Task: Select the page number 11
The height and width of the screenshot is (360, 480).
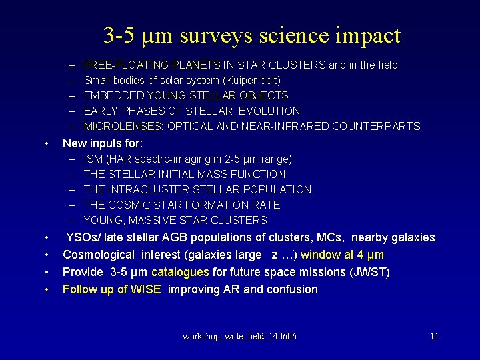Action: click(x=434, y=336)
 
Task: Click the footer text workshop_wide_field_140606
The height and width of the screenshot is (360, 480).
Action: click(x=239, y=336)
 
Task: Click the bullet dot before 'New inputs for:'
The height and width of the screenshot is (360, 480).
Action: click(x=46, y=143)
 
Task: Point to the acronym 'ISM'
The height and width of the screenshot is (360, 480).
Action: click(x=93, y=159)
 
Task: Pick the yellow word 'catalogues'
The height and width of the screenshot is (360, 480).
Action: click(x=181, y=273)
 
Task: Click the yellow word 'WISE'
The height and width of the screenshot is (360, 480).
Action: click(x=145, y=290)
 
